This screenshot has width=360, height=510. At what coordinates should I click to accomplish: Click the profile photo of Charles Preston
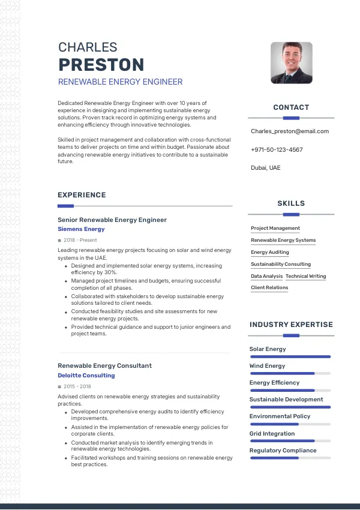coord(292,62)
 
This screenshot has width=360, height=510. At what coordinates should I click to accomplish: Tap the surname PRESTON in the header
coord(101,65)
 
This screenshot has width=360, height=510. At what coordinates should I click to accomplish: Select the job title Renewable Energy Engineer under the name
coord(120,82)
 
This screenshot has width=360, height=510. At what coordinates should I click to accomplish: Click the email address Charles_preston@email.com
coord(290,131)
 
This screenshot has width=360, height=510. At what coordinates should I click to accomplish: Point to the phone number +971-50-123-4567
coord(277,150)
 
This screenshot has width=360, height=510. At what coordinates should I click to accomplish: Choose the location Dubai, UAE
coord(265,168)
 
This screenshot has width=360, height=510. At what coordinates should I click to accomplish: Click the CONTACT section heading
coord(291,107)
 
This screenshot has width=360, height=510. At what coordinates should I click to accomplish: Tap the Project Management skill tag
coord(275,229)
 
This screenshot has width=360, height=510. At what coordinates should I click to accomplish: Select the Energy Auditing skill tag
coord(270,253)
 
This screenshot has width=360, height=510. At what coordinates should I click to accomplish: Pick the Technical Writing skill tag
coord(306,277)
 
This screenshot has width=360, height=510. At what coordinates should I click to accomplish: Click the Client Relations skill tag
coord(269,288)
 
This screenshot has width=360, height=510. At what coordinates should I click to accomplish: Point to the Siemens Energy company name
coord(81,229)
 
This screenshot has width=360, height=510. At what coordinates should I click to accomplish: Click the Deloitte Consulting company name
coord(86,376)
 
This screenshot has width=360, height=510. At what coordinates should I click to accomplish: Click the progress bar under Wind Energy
coord(290,373)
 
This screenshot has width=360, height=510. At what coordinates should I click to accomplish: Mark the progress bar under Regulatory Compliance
coord(290,458)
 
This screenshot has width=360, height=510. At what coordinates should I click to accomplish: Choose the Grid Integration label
coord(272,433)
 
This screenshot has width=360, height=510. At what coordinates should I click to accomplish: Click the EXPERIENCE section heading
coord(82,195)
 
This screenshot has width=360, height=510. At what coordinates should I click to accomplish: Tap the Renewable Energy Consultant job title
coord(104,365)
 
